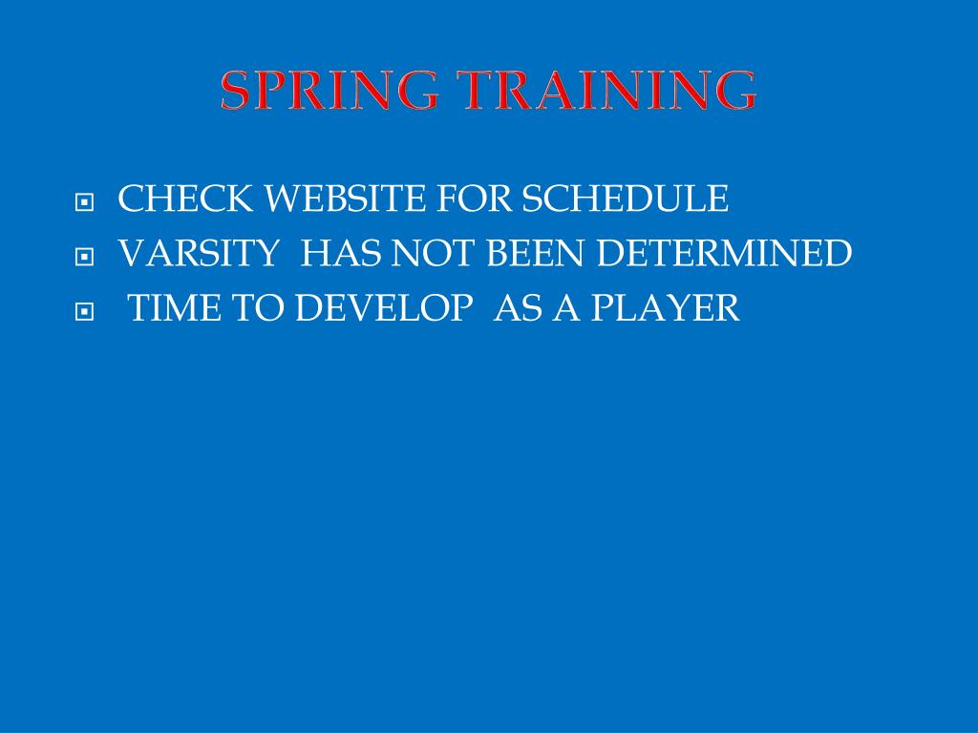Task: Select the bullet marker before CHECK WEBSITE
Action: click(x=85, y=202)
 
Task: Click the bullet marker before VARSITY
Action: click(x=85, y=257)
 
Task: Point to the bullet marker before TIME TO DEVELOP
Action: click(x=85, y=311)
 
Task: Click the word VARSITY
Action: click(x=198, y=254)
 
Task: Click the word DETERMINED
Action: click(x=726, y=254)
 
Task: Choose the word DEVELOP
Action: click(x=383, y=308)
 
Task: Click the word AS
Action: click(x=514, y=308)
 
